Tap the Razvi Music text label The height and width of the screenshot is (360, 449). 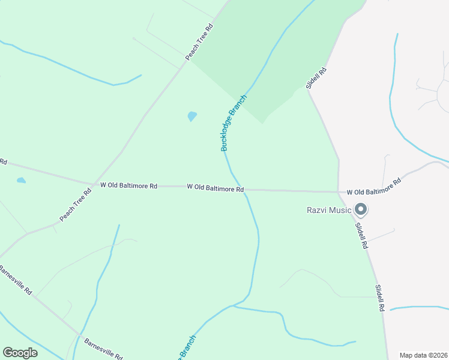[328, 210]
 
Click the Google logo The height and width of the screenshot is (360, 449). [20, 353]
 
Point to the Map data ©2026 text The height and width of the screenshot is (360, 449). [423, 355]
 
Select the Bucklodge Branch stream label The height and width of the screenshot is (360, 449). [234, 123]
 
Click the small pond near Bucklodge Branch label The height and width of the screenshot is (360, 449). [192, 116]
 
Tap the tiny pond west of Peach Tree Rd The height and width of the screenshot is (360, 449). [22, 180]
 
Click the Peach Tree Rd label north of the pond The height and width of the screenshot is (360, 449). [200, 42]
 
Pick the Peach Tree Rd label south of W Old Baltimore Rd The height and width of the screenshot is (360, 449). [75, 203]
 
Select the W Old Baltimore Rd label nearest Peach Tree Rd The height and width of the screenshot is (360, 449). [128, 186]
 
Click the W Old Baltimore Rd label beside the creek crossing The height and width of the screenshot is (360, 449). [215, 188]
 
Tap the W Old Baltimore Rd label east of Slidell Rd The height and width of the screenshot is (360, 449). [373, 187]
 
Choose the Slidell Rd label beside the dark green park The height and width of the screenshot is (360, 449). [316, 79]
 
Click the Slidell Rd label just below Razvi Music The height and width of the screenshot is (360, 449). [362, 236]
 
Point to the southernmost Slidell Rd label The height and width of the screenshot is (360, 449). [379, 298]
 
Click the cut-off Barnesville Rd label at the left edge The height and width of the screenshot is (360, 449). [16, 279]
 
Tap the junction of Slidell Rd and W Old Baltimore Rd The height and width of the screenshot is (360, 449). [339, 192]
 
